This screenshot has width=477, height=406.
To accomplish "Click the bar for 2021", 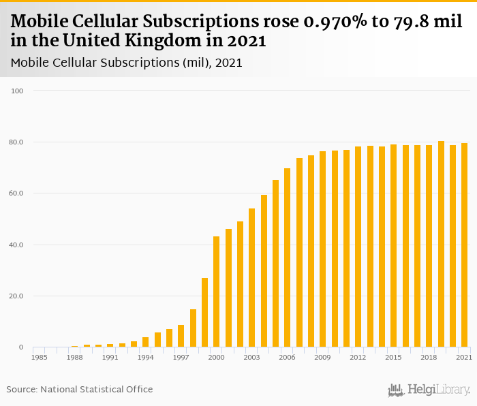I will (x=465, y=245).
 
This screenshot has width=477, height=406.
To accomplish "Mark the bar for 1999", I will (x=205, y=313).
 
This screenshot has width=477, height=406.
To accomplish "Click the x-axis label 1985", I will (x=40, y=357).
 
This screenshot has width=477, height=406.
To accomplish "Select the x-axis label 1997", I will (x=181, y=357).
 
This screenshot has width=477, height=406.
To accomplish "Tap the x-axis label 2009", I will (x=323, y=357).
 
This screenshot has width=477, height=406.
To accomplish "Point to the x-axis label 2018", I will (x=429, y=357).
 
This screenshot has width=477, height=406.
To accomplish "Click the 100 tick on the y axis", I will (x=18, y=91).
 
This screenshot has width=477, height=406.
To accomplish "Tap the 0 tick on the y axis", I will (x=20, y=347).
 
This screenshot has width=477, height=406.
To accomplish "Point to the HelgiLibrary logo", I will (x=429, y=390).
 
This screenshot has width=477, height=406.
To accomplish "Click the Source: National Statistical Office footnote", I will (x=80, y=390).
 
